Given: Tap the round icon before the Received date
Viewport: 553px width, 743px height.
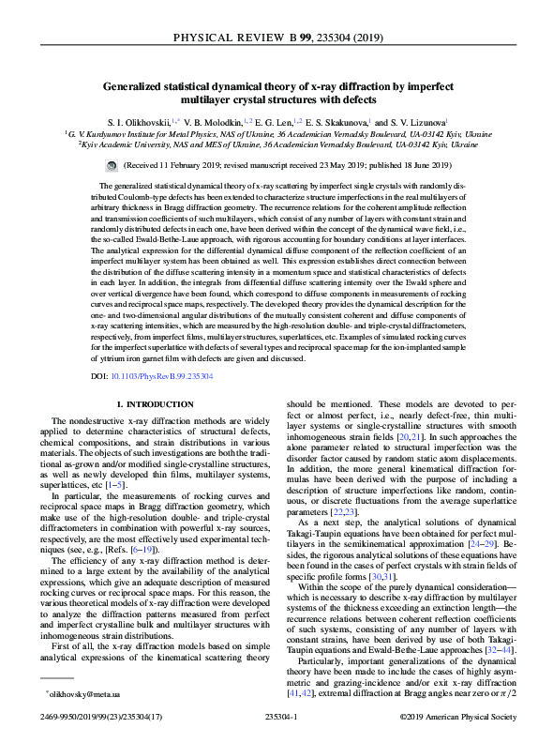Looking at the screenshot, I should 127,164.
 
